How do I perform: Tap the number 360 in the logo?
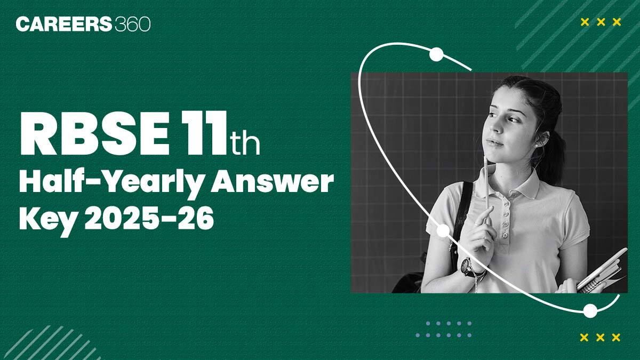132,24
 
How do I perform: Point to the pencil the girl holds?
486,181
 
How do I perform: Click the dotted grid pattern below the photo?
444,329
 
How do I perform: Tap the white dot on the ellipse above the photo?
436,54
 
